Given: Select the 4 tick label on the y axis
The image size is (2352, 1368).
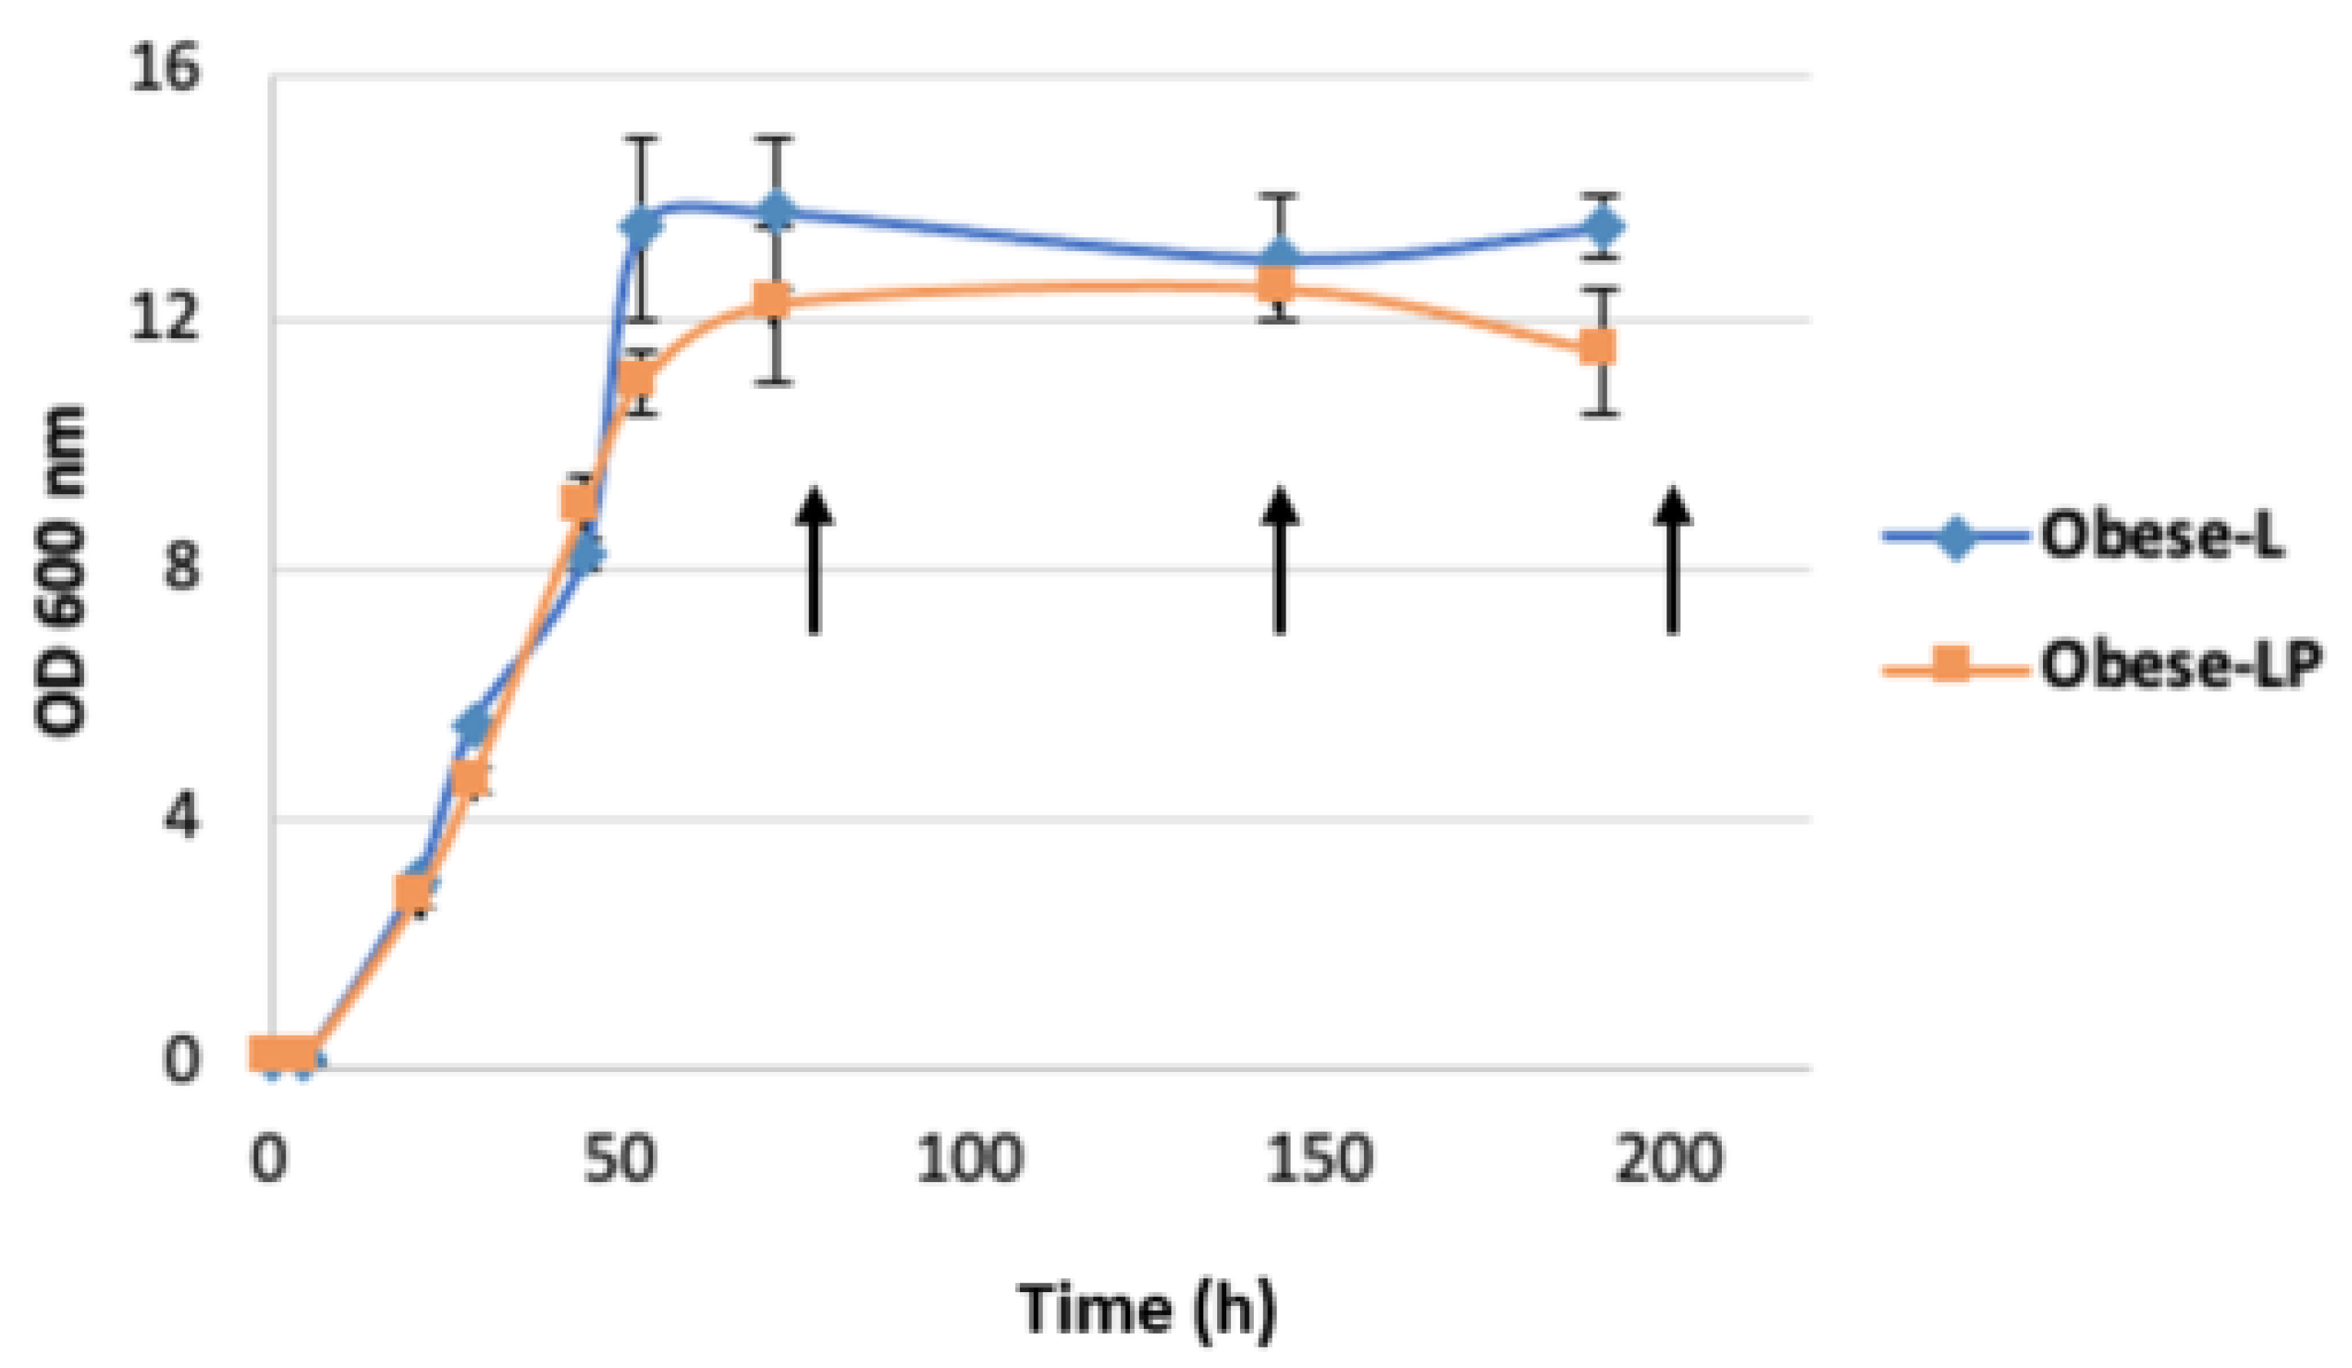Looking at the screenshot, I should point(181,818).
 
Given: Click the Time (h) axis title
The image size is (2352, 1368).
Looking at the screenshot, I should point(1147,1309).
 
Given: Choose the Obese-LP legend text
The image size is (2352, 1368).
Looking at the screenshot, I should point(2180,666).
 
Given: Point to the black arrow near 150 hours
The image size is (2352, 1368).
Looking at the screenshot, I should point(1280,561).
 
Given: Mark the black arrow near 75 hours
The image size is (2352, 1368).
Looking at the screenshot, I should point(814,561).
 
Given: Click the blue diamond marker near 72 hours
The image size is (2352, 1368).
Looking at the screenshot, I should point(775,211).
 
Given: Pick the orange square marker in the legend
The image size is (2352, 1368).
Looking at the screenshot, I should point(1951,666).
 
